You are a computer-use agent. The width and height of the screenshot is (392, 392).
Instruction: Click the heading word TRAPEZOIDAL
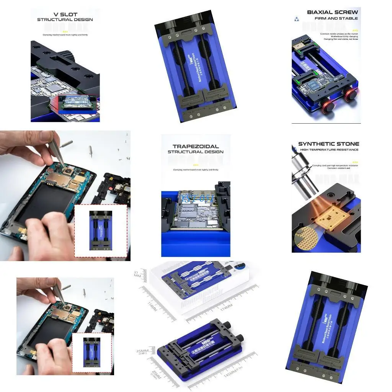(x=196, y=146)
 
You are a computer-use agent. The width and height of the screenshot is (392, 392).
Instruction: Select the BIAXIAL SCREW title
(x=332, y=12)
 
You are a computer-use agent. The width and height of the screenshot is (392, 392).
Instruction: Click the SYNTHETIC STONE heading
(x=328, y=144)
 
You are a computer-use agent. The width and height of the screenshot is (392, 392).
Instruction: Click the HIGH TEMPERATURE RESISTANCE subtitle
(x=329, y=150)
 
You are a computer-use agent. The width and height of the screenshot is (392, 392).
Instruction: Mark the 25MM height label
(x=143, y=351)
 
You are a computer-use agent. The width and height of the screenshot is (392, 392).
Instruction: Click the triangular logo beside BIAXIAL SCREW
(x=296, y=18)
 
